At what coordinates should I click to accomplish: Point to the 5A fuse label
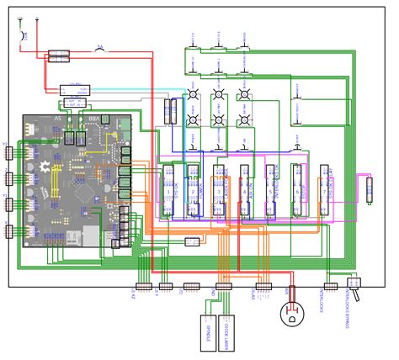point(99,48)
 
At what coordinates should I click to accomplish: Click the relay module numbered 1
point(168,192)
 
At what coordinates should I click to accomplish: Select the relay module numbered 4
point(245,192)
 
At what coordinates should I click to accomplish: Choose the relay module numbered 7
point(322,192)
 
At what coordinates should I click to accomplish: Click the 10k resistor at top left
point(24,34)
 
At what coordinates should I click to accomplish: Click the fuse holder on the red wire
point(58,56)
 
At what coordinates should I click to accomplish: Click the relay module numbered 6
point(296,192)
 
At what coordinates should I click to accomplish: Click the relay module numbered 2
point(194,192)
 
